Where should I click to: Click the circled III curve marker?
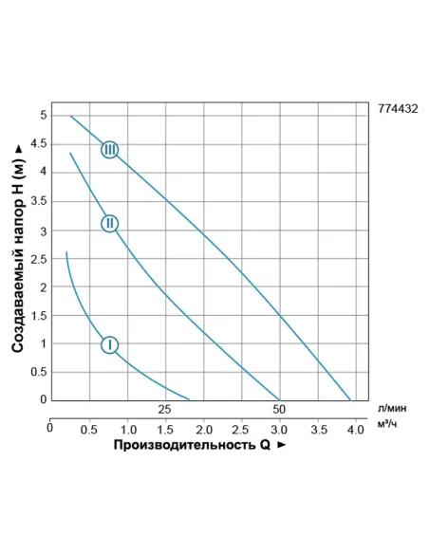coord(110,149)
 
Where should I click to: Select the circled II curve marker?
coord(110,223)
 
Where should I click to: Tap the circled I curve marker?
coord(110,344)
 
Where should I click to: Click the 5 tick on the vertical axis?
coord(43,116)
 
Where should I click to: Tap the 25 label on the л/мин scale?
coord(164,410)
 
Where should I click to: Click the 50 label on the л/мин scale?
coord(279,410)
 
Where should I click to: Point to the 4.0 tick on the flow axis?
coord(356,429)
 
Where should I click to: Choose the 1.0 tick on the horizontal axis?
coord(126,429)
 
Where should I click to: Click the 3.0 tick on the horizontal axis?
coord(279,429)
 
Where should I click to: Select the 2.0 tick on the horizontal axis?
coord(203,429)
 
